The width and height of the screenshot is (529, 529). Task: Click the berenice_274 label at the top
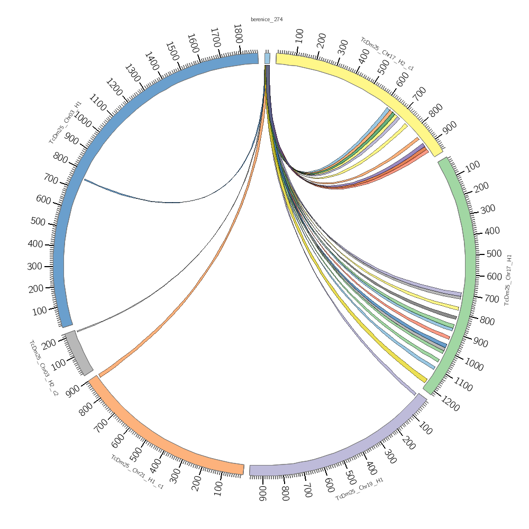267,20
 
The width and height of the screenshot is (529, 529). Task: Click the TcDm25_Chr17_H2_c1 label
387,54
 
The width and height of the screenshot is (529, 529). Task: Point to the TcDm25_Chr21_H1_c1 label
137,472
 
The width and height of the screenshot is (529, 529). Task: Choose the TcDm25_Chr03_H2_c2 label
43,368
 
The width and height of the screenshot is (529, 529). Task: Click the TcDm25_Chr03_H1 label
65,122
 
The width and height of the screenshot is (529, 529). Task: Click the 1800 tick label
238,37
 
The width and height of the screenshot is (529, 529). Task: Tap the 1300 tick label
132,74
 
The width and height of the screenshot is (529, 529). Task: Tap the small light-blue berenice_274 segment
267,58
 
